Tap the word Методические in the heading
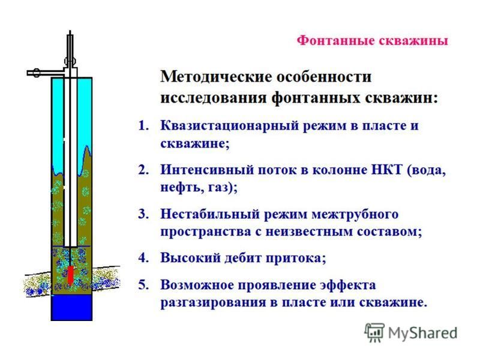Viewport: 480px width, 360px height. click(x=216, y=77)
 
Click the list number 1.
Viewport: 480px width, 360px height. click(x=143, y=125)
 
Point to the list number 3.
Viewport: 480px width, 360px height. click(x=143, y=214)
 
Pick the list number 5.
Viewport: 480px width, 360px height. click(x=143, y=284)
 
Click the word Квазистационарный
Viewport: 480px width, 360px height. click(x=230, y=126)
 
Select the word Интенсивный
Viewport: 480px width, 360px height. click(x=207, y=170)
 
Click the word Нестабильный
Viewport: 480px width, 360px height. click(x=210, y=214)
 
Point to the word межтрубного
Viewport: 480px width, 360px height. click(x=355, y=214)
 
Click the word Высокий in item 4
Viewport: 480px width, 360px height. click(x=190, y=258)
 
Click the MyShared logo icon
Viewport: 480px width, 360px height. click(x=374, y=332)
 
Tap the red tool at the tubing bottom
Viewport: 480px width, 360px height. click(x=70, y=274)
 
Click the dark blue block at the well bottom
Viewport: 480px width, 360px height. click(x=71, y=307)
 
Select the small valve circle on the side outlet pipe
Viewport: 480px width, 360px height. click(x=37, y=73)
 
